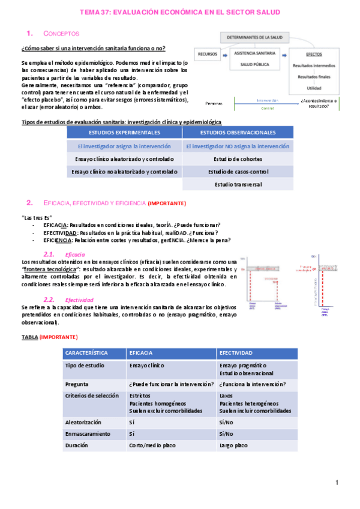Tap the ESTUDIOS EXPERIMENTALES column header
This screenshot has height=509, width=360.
pyautogui.click(x=124, y=132)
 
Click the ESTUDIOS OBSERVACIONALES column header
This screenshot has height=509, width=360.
pyautogui.click(x=238, y=132)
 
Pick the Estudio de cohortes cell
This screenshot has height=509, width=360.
pyautogui.click(x=238, y=159)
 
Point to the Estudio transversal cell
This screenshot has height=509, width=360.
pyautogui.click(x=238, y=184)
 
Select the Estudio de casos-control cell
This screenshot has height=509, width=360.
pyautogui.click(x=238, y=172)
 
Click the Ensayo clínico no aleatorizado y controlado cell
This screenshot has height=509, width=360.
pyautogui.click(x=124, y=172)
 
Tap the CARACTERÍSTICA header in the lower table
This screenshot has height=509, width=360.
pyautogui.click(x=86, y=353)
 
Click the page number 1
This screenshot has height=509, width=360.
pyautogui.click(x=337, y=483)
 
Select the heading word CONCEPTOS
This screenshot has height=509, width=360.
pyautogui.click(x=62, y=34)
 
